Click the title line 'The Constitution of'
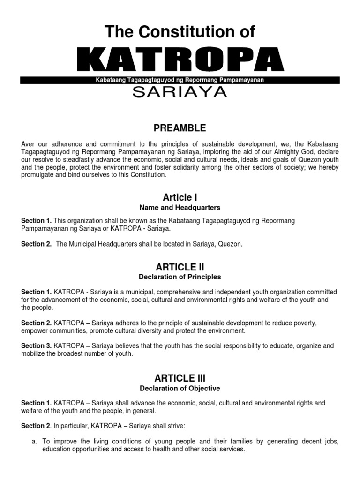click(x=180, y=32)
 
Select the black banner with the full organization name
click(x=180, y=80)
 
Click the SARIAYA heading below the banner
click(x=180, y=92)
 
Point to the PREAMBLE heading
click(x=180, y=128)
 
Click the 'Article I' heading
click(x=180, y=197)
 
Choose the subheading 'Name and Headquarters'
click(x=180, y=208)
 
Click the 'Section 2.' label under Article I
click(x=36, y=244)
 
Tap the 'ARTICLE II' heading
click(x=180, y=267)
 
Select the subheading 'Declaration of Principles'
click(x=180, y=277)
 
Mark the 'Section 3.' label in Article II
click(x=36, y=346)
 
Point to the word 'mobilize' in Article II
click(x=34, y=354)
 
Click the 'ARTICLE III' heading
click(x=180, y=378)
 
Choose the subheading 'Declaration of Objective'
click(x=180, y=388)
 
